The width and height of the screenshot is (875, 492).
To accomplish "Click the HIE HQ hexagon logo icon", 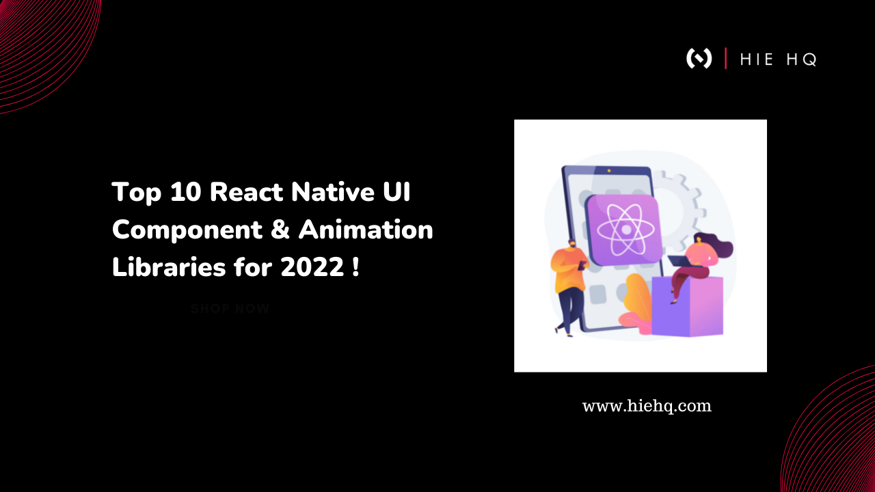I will point(699,59).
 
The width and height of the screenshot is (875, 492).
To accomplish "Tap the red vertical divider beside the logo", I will point(725,59).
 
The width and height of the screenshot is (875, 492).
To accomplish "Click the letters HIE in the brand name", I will point(757,59).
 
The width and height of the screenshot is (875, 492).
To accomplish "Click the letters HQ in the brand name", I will point(801,59).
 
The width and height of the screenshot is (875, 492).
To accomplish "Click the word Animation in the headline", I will point(366,230).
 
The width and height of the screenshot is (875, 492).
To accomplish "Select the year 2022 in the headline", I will point(312,268).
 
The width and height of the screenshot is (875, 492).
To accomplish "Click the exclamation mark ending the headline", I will point(355,268).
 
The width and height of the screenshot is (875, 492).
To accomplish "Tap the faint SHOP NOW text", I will point(230,309).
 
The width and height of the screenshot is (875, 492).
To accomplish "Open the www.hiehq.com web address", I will point(647,406).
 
